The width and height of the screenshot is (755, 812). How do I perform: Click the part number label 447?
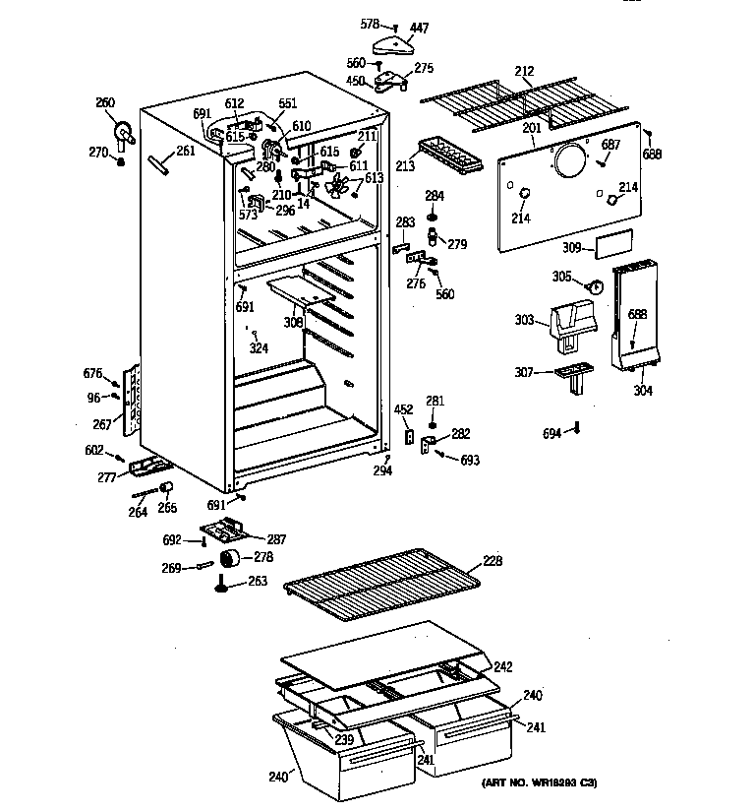(x=420, y=29)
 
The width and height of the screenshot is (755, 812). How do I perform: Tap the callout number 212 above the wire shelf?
(x=524, y=70)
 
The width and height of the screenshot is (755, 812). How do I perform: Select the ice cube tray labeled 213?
(x=448, y=154)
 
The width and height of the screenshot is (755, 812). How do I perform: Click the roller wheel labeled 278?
(x=233, y=560)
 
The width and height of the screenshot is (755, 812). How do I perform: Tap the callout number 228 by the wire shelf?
(x=492, y=561)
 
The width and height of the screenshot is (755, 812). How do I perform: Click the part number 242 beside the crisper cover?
(x=502, y=666)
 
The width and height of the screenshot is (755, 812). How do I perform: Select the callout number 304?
(x=643, y=390)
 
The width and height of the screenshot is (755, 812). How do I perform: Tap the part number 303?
(x=524, y=320)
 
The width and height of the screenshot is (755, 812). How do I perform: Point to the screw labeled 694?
(x=578, y=426)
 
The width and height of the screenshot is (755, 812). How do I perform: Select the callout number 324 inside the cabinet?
(x=260, y=347)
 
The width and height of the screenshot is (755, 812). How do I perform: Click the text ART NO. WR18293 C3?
(x=539, y=782)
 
